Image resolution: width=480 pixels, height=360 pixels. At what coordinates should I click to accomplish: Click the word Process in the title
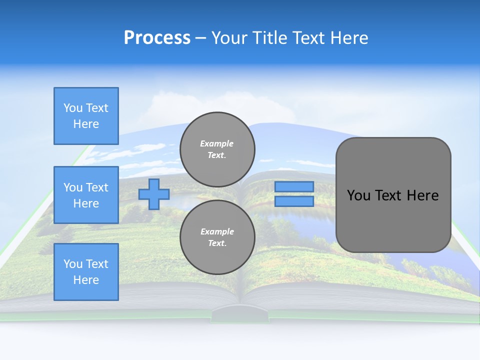pyautogui.click(x=157, y=38)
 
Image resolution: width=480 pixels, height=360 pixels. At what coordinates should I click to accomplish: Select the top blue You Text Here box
pyautogui.click(x=86, y=116)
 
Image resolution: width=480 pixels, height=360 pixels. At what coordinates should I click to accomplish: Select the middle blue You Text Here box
pyautogui.click(x=86, y=195)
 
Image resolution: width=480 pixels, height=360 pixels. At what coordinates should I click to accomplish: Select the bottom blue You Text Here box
pyautogui.click(x=86, y=271)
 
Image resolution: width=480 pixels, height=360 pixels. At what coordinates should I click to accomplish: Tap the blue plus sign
pyautogui.click(x=154, y=194)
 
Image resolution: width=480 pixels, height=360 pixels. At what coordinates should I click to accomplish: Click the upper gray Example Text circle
pyautogui.click(x=217, y=149)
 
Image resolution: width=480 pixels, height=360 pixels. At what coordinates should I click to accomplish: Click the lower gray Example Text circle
pyautogui.click(x=217, y=237)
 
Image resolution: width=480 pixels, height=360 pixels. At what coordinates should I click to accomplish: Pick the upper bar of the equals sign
pyautogui.click(x=294, y=186)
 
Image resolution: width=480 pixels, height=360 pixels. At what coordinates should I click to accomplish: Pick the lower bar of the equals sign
pyautogui.click(x=294, y=201)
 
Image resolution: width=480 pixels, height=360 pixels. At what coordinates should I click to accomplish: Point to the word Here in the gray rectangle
pyautogui.click(x=423, y=195)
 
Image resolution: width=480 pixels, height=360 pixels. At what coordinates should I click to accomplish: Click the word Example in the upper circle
pyautogui.click(x=217, y=143)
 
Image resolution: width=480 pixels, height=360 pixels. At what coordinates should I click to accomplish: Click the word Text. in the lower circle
pyautogui.click(x=217, y=243)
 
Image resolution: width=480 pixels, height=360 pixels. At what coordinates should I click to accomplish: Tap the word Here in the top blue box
pyautogui.click(x=86, y=124)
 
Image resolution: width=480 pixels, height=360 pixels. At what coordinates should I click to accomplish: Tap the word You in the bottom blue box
pyautogui.click(x=73, y=264)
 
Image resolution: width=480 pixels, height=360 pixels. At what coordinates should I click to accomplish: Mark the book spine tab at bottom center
pyautogui.click(x=240, y=315)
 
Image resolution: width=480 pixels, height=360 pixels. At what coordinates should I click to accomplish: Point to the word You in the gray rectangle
pyautogui.click(x=358, y=195)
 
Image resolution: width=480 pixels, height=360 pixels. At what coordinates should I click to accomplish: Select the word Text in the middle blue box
pyautogui.click(x=97, y=187)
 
